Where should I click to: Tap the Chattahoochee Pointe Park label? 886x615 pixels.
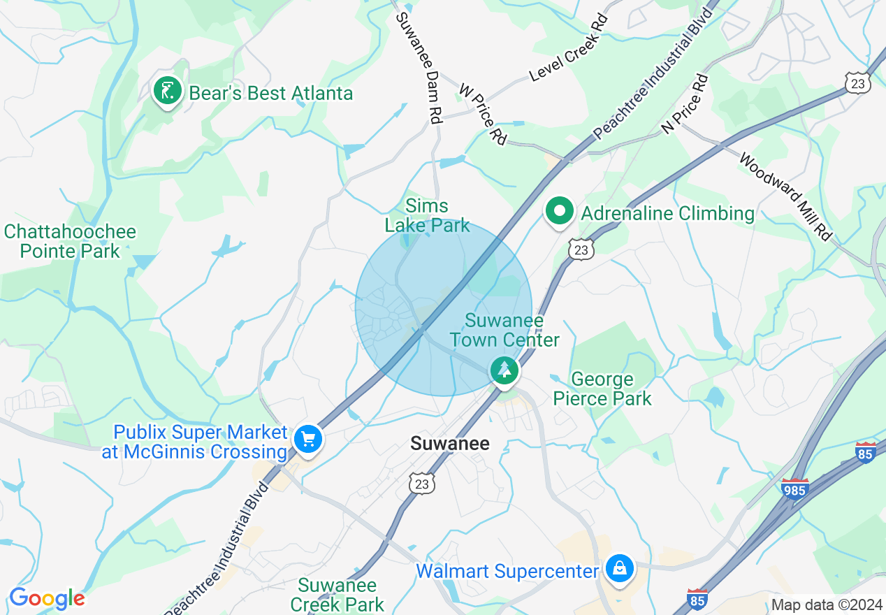click(x=70, y=241)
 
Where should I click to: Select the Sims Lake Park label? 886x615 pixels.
click(x=427, y=215)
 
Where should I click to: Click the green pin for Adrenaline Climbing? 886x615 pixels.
click(x=559, y=212)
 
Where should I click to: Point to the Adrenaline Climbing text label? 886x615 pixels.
click(x=668, y=214)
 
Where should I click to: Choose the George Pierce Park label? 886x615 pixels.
click(x=602, y=389)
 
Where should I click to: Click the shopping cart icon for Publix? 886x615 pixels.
click(x=307, y=440)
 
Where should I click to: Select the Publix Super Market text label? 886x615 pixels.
click(x=195, y=442)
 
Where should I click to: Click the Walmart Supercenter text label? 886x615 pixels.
click(x=507, y=572)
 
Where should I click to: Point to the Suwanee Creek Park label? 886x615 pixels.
click(x=337, y=595)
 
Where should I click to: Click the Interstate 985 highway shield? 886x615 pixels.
click(x=795, y=489)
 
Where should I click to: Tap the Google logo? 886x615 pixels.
click(x=47, y=598)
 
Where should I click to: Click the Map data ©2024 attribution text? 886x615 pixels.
click(x=827, y=605)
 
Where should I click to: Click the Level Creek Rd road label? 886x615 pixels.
click(x=568, y=47)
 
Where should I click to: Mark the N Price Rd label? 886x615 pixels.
click(x=685, y=104)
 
